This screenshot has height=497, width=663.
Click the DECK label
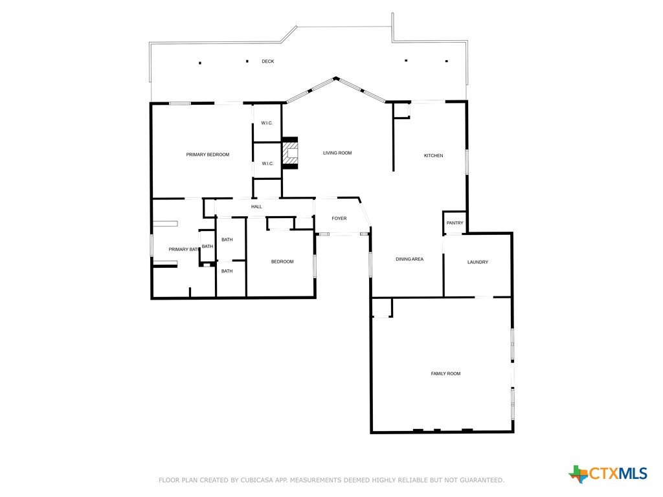pyautogui.click(x=267, y=61)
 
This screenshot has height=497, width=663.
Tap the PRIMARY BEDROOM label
pyautogui.click(x=208, y=155)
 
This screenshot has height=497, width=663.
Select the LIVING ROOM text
pyautogui.click(x=337, y=153)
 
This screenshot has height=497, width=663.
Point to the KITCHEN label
pyautogui.click(x=433, y=155)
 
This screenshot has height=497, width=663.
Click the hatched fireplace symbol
pyautogui.click(x=291, y=153)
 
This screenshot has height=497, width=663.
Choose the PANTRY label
pyautogui.click(x=455, y=223)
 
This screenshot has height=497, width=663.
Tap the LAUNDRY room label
pyautogui.click(x=478, y=262)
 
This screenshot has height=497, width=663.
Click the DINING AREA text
pyautogui.click(x=409, y=259)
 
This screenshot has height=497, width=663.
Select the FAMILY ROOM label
pyautogui.click(x=445, y=373)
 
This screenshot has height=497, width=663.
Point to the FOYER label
pyautogui.click(x=339, y=219)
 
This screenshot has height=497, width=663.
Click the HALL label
pyautogui.click(x=256, y=206)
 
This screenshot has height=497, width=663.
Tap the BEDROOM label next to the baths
pyautogui.click(x=282, y=261)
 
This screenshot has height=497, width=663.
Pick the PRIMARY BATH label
pyautogui.click(x=183, y=249)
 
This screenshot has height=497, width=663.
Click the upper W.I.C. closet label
pyautogui.click(x=267, y=123)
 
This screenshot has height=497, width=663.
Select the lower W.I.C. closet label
pyautogui.click(x=267, y=164)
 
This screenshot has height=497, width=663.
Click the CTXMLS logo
pyautogui.click(x=608, y=474)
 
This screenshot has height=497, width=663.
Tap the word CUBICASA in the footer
pyautogui.click(x=256, y=480)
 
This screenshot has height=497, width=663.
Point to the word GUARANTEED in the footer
pyautogui.click(x=482, y=480)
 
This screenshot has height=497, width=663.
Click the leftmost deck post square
pyautogui.click(x=200, y=63)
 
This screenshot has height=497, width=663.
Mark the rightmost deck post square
pyautogui.click(x=447, y=61)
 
